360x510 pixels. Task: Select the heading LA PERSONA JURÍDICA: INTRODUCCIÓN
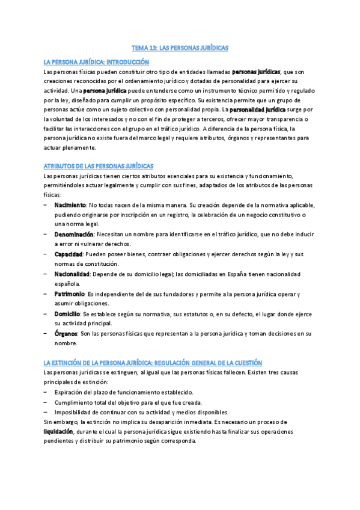tap(96, 62)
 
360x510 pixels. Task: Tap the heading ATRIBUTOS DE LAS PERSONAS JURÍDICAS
tap(99, 165)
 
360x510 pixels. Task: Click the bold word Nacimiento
tap(70, 205)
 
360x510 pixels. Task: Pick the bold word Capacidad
tap(68, 254)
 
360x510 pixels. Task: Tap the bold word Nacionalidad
tap(72, 274)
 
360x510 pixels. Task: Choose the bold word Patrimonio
tap(69, 293)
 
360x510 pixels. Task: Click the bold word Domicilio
tap(67, 313)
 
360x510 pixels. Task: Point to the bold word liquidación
tap(58, 432)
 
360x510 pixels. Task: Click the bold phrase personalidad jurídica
tap(258, 110)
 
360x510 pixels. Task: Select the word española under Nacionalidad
tap(67, 283)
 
